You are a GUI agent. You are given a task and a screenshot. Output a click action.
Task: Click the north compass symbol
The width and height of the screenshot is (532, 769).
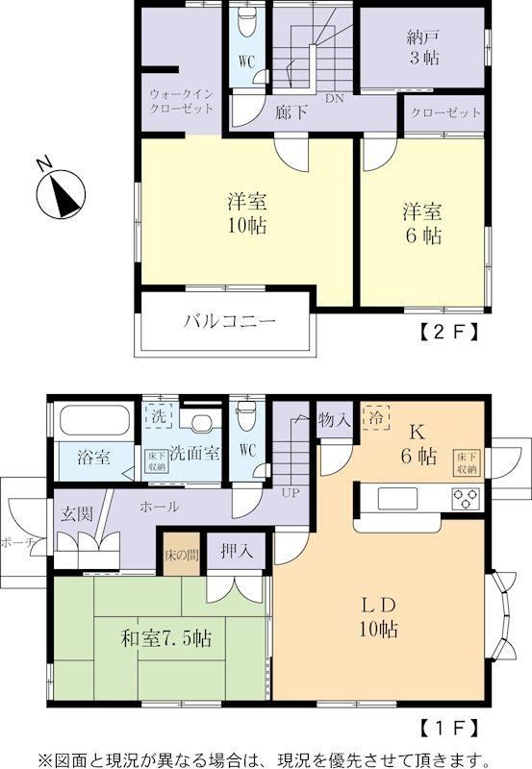[62, 194]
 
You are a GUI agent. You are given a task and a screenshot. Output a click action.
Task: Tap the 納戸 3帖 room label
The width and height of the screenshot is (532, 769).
[423, 47]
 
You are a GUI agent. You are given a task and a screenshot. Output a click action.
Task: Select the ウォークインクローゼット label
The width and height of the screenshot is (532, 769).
[182, 101]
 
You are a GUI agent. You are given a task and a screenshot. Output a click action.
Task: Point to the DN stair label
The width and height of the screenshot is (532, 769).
[334, 98]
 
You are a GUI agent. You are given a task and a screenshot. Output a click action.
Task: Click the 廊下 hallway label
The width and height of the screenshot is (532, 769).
[291, 112]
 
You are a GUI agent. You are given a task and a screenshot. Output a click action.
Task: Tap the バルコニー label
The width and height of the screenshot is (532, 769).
[230, 322]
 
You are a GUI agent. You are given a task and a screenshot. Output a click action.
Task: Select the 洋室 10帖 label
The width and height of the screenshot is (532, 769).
[247, 213]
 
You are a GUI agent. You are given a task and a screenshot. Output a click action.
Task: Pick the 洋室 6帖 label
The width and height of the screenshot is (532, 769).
[422, 224]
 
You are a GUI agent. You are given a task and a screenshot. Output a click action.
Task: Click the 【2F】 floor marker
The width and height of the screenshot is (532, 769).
[448, 333]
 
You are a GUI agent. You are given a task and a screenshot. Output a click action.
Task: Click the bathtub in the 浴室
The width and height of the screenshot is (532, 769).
[94, 421]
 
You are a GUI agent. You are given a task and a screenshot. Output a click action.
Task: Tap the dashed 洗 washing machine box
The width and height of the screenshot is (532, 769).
[159, 416]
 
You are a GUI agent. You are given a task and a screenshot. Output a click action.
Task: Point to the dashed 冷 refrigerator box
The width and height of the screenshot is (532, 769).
[375, 417]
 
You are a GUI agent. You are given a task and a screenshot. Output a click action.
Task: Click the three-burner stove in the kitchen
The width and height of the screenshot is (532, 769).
[466, 498]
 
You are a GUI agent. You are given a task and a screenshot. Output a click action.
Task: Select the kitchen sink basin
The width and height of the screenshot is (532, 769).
[397, 498]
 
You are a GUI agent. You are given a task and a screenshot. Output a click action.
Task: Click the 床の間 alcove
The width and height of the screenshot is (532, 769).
[182, 555]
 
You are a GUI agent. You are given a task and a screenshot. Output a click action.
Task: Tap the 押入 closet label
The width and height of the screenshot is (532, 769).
[237, 551]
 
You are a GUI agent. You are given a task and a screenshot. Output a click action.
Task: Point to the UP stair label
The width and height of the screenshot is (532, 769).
[290, 493]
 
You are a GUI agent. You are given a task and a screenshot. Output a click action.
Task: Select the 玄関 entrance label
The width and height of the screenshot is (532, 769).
[77, 513]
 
